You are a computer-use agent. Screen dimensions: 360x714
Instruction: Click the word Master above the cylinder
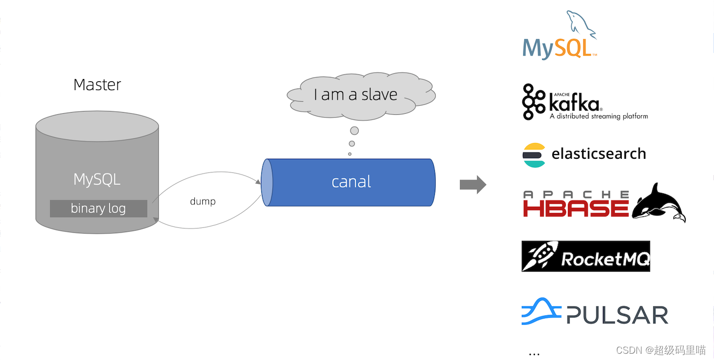[97, 85]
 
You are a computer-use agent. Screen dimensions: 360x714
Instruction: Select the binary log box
[98, 209]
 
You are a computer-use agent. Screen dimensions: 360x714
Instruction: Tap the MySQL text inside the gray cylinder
[97, 180]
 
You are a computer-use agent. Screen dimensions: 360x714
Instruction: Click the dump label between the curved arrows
[203, 201]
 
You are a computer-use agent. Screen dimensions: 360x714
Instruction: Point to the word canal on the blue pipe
[351, 182]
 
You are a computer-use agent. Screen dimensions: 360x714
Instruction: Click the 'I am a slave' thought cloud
[356, 95]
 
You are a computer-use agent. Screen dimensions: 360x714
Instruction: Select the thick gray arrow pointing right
[473, 184]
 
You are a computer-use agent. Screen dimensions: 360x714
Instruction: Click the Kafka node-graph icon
[534, 102]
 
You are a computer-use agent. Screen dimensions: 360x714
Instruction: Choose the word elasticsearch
[599, 154]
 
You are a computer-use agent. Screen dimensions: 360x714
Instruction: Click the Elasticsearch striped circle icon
[534, 155]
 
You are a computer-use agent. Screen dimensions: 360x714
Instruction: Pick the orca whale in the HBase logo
[658, 203]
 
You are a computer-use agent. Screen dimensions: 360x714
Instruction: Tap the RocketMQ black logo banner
[586, 256]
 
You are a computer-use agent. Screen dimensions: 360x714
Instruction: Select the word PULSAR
[617, 315]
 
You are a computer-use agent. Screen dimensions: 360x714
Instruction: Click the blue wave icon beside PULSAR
[541, 312]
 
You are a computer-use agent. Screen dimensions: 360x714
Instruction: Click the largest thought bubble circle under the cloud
[355, 130]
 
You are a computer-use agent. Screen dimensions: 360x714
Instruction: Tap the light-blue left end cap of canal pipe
[267, 182]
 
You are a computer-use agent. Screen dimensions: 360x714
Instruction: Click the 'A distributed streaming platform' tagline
[599, 116]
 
